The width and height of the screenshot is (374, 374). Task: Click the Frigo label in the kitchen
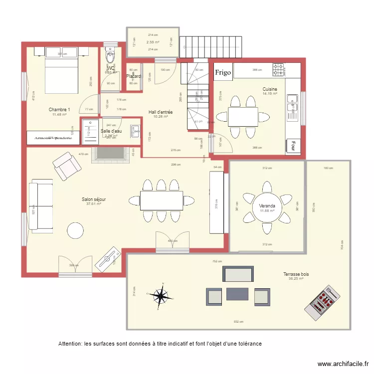(223, 72)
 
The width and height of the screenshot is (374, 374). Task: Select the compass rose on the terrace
(161, 296)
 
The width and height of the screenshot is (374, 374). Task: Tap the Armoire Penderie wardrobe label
(53, 138)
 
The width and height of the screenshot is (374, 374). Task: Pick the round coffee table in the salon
(76, 230)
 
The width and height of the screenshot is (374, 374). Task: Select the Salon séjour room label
(94, 199)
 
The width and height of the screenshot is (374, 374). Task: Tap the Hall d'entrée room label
(161, 112)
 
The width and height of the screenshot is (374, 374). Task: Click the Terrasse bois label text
(296, 274)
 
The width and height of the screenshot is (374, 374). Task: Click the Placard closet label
(133, 76)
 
